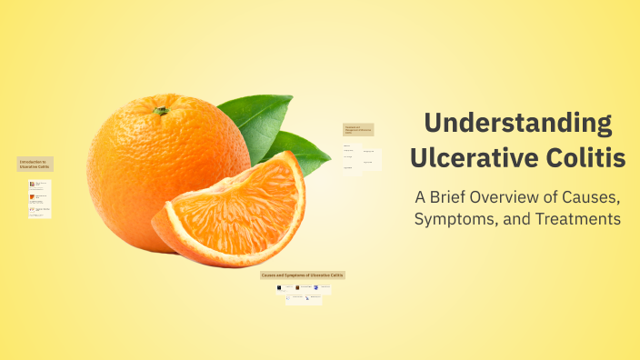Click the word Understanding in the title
point(518,123)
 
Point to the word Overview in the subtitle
point(518,196)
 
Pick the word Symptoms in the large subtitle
point(455,219)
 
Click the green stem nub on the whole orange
point(161,111)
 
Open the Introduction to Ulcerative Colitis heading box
point(35,164)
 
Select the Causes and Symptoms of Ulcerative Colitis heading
point(303,275)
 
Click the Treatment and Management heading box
point(357,130)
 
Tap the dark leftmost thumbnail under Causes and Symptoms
point(279,288)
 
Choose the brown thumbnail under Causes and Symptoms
point(297,288)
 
